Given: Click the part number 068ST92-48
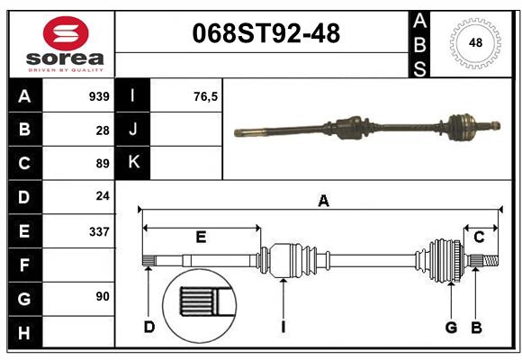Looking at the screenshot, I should [x=266, y=33].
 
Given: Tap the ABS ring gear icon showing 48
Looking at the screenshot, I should [x=473, y=42].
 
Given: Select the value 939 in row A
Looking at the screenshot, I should [x=99, y=96].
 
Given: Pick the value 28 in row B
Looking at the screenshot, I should [x=102, y=130].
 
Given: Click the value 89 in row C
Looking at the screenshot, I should [x=102, y=164].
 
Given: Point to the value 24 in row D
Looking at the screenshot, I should [x=102, y=197].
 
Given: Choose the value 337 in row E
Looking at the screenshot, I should [x=99, y=231].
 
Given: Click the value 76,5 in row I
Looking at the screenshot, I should [x=206, y=96].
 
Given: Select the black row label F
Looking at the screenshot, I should [x=24, y=265].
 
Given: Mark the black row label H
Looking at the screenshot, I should [x=24, y=332].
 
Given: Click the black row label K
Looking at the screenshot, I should [x=133, y=163].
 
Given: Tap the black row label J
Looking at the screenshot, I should [x=133, y=130].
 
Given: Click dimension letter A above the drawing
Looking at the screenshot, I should [x=323, y=202].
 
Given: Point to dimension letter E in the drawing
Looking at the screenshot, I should [x=201, y=237].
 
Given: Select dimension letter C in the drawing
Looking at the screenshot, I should [x=479, y=237].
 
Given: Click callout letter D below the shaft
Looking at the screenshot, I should [x=149, y=327].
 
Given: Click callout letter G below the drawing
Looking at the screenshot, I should [x=451, y=327].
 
